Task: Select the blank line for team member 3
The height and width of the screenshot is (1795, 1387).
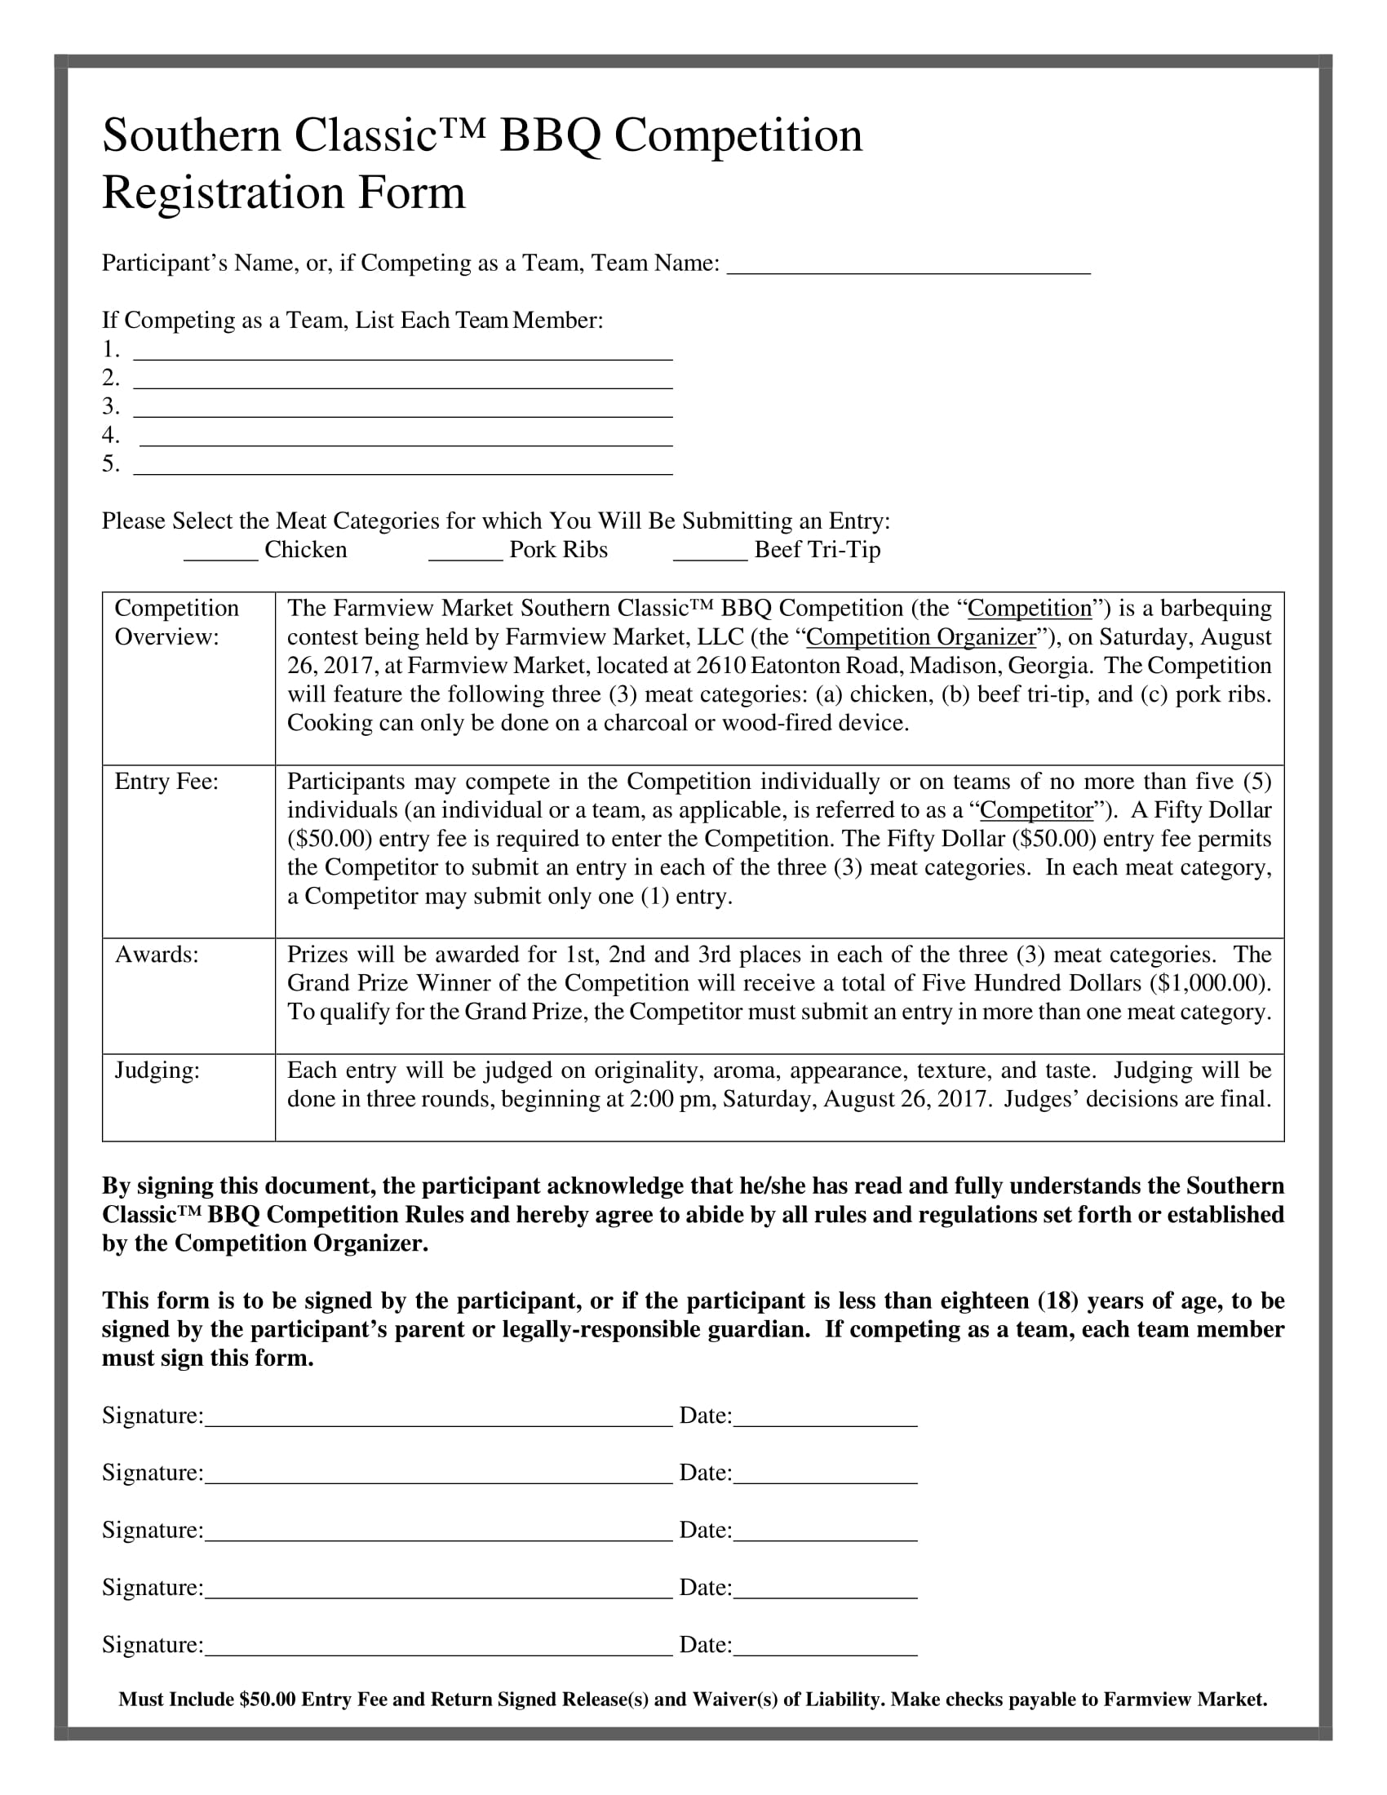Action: point(402,410)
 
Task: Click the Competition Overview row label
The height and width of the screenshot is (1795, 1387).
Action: point(177,623)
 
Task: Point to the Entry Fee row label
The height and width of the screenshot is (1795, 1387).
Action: point(166,782)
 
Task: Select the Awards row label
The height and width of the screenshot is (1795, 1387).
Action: point(157,955)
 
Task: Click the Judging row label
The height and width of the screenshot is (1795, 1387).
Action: point(157,1070)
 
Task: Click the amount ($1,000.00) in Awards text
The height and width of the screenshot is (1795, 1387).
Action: point(1209,983)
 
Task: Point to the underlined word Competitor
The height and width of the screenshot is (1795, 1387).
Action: point(1037,810)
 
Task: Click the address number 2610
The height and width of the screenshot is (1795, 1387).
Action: point(720,666)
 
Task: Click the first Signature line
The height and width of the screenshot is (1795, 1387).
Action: point(438,1420)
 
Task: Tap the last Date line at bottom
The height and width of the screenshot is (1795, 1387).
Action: point(825,1648)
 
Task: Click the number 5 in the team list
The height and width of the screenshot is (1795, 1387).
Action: point(109,464)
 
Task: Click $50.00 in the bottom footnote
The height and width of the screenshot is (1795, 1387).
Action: point(267,1699)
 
